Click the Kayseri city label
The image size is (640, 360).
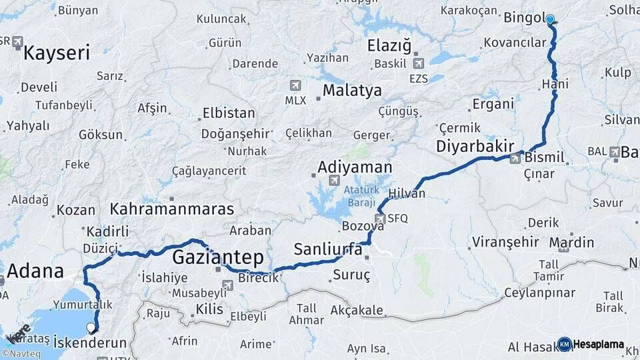[x=56, y=53]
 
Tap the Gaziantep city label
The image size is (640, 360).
[x=218, y=257]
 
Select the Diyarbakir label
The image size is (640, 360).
[x=474, y=146]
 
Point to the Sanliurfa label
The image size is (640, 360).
[x=328, y=250]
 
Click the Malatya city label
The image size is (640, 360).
[x=352, y=91]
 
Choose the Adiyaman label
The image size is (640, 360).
[x=355, y=167]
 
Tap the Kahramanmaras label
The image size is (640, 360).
[x=172, y=209]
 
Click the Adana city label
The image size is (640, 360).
[x=35, y=271]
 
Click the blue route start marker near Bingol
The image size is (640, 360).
[x=550, y=19]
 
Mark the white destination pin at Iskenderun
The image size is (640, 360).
[x=91, y=327]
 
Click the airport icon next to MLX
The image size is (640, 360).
[x=295, y=86]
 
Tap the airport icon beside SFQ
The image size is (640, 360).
[x=379, y=218]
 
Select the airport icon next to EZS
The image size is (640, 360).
[x=418, y=64]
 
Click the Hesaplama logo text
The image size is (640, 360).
[x=599, y=345]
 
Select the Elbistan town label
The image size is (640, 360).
[x=228, y=113]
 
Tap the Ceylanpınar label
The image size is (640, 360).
[x=540, y=292]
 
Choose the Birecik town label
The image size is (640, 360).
[x=258, y=278]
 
